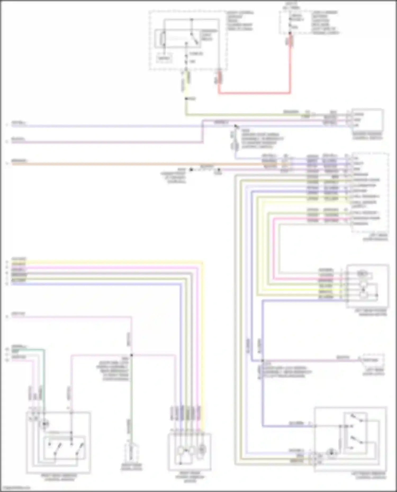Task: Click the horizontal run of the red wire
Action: tap(254, 93)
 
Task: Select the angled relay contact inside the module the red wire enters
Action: tap(195, 40)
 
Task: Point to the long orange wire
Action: tap(132, 164)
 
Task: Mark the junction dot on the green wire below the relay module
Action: tap(186, 99)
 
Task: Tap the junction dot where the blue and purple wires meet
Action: tap(263, 361)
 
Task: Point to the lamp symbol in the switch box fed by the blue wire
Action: tap(331, 453)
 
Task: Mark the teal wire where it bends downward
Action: tap(44, 351)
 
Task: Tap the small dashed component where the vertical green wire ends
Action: tap(131, 453)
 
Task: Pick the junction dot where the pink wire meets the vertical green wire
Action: tap(132, 355)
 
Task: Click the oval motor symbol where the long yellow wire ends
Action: tap(202, 449)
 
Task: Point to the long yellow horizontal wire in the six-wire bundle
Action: tap(106, 262)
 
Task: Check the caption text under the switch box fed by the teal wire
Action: tap(59, 477)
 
